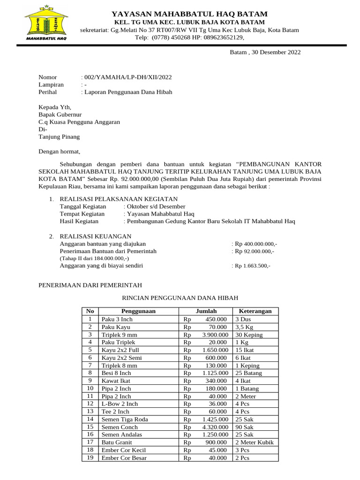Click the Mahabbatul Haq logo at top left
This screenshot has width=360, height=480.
click(45, 23)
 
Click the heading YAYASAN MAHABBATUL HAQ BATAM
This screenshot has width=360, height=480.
click(189, 14)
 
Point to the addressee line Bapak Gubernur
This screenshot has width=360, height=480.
click(60, 114)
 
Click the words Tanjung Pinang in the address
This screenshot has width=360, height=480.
click(59, 137)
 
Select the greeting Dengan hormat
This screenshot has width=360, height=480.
click(60, 151)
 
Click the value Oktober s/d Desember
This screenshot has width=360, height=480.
click(155, 207)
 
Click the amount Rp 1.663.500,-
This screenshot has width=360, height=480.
click(252, 266)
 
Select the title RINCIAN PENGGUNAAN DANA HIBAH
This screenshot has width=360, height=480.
click(180, 298)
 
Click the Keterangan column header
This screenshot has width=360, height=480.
click(255, 311)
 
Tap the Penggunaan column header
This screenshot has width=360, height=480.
click(138, 311)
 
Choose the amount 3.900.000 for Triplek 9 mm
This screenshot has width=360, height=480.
click(215, 335)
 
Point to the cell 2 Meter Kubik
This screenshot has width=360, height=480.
click(254, 442)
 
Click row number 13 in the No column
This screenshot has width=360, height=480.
click(90, 412)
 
